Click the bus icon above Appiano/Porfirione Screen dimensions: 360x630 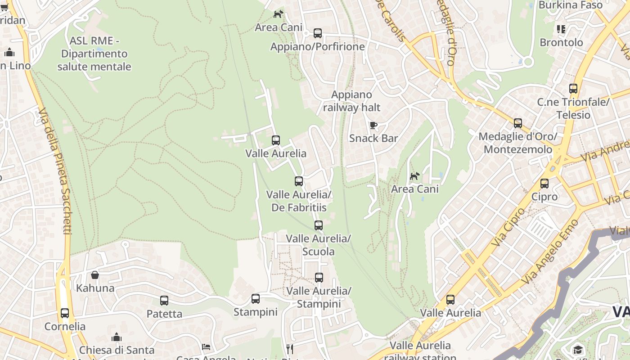click(318, 33)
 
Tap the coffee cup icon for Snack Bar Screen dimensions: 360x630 click(373, 125)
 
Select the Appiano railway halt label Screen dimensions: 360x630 click(351, 101)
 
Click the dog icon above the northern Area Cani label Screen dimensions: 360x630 click(279, 14)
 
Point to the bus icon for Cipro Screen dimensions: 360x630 click(544, 183)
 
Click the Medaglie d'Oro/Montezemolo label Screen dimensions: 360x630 click(517, 143)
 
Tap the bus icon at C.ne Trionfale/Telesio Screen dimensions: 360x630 click(573, 89)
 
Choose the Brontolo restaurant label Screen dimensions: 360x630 click(561, 42)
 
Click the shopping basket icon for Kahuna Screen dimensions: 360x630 click(95, 275)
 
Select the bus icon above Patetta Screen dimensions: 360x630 click(164, 300)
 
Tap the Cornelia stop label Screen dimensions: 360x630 click(65, 326)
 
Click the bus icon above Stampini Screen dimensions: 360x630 click(256, 298)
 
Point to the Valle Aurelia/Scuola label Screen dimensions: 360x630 click(318, 245)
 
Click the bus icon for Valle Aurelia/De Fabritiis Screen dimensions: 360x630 click(299, 181)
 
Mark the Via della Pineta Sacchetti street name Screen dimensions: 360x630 click(55, 171)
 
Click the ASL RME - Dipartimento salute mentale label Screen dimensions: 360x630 click(94, 54)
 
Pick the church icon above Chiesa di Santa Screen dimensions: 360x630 click(117, 337)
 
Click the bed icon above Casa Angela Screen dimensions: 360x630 click(206, 346)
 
